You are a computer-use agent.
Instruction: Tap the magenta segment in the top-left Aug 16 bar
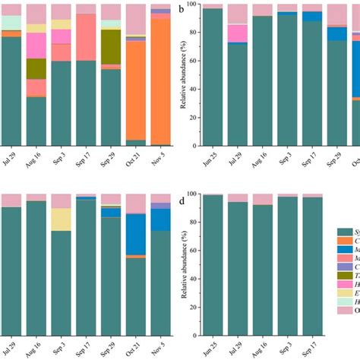click(x=36, y=45)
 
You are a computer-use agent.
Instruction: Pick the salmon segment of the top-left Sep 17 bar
click(x=86, y=38)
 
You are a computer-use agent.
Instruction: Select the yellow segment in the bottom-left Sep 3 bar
click(x=62, y=219)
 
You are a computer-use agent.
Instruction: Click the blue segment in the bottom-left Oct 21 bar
click(x=136, y=233)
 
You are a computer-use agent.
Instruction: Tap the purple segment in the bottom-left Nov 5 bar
click(x=160, y=206)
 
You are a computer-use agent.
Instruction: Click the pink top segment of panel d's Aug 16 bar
click(x=263, y=199)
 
